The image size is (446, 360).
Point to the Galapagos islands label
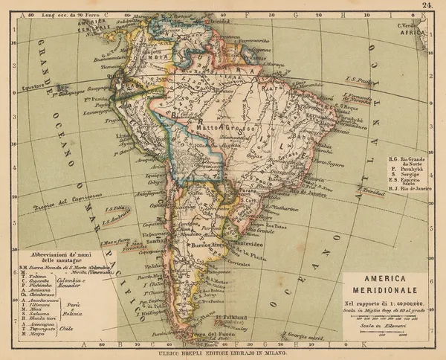[69, 97]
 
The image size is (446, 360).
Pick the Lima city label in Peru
[123, 138]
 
